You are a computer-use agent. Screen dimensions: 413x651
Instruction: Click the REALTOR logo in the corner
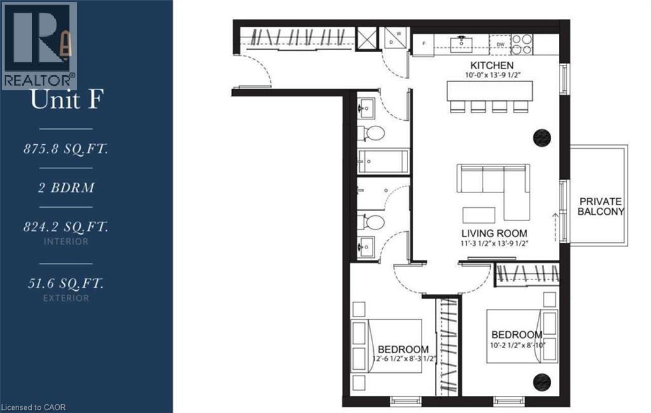(x=39, y=44)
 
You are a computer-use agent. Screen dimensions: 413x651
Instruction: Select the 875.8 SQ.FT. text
(x=65, y=149)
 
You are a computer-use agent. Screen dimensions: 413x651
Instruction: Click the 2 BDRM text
(x=65, y=189)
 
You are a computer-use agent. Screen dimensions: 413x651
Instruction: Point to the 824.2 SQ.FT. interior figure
(x=65, y=226)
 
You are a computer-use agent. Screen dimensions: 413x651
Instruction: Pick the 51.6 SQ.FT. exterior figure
(x=65, y=282)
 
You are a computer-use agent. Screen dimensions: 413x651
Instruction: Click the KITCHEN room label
(x=491, y=66)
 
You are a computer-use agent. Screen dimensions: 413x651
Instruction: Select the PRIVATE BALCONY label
(x=600, y=207)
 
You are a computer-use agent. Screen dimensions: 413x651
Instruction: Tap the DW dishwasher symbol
(x=500, y=44)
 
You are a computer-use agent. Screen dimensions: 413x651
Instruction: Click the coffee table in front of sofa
(x=479, y=214)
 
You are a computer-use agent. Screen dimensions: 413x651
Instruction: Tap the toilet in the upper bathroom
(x=373, y=133)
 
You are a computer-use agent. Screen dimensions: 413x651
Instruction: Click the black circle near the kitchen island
(x=541, y=137)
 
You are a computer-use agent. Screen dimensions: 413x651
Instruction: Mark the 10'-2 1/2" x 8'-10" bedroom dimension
(x=516, y=346)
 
